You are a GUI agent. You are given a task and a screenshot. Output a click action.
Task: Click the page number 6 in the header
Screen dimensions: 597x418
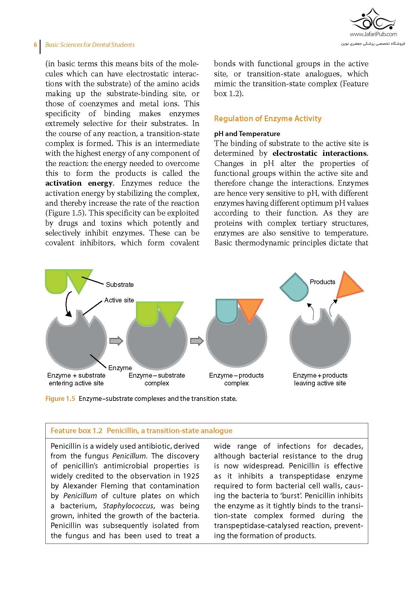click(x=35, y=45)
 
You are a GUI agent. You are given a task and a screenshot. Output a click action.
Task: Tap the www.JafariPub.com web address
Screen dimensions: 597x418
click(x=373, y=34)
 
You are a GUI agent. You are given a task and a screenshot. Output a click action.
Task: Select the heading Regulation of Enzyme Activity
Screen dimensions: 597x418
click(x=267, y=119)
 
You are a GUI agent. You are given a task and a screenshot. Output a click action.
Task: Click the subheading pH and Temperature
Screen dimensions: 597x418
click(x=247, y=133)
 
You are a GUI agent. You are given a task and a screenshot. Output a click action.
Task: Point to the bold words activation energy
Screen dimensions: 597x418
click(x=79, y=183)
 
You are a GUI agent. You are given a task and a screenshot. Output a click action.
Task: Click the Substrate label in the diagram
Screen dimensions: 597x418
click(x=120, y=284)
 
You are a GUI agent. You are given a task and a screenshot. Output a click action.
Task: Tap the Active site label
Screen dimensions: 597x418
click(x=119, y=300)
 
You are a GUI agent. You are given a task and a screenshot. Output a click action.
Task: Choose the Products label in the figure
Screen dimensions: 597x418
click(x=322, y=282)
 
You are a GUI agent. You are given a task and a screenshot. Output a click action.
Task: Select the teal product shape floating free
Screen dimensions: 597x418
click(x=294, y=287)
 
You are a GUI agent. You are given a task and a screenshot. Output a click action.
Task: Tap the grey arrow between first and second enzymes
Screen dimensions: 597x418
click(x=116, y=341)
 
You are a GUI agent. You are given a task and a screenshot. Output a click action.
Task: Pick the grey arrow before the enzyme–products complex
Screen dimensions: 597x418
click(x=196, y=341)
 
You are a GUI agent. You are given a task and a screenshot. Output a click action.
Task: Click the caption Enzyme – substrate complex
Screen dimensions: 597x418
click(x=157, y=379)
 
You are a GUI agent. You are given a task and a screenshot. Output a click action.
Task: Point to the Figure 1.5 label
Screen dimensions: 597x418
click(x=60, y=399)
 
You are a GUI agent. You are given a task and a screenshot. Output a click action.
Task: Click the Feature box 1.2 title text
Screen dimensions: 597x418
click(x=141, y=430)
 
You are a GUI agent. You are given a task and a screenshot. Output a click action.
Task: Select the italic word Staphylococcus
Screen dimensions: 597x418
click(x=128, y=506)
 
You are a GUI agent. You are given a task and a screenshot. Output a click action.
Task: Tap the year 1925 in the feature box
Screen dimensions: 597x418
click(x=191, y=476)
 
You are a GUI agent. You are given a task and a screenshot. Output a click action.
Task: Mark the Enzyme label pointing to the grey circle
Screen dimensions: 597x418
click(x=120, y=368)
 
